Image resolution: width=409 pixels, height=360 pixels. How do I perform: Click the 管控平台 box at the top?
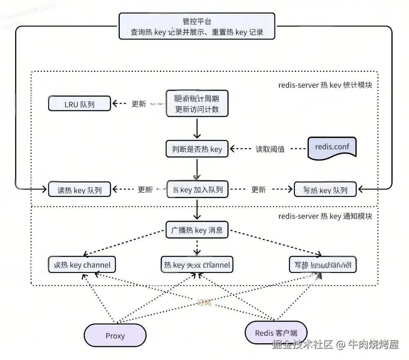point(197,26)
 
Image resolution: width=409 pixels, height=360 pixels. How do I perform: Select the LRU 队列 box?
point(79,104)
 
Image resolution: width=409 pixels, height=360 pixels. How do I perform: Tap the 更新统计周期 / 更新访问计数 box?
point(197,104)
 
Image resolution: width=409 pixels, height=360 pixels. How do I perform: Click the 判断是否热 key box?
point(197,149)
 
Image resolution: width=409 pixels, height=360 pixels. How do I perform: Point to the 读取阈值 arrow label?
point(270,149)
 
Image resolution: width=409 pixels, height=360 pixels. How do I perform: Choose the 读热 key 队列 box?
point(79,190)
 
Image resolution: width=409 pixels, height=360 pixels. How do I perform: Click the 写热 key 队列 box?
point(325,190)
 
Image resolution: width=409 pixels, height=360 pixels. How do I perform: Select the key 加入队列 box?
point(197,190)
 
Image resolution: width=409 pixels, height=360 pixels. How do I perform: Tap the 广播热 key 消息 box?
point(197,230)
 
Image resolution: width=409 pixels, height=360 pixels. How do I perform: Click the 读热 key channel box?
point(82,265)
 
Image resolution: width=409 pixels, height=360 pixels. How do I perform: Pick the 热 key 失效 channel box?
point(197,265)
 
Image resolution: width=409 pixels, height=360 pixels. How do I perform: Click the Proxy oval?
point(115,336)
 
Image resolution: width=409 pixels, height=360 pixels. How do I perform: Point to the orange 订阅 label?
point(204,302)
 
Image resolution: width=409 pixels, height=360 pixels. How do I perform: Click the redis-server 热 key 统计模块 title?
point(325,85)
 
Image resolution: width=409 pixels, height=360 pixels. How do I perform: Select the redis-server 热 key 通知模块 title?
point(325,216)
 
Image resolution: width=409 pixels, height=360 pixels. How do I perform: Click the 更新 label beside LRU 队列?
point(139,104)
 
